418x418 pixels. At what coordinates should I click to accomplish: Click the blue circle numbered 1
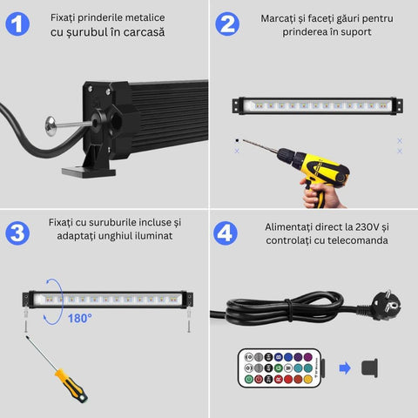(x=17, y=24)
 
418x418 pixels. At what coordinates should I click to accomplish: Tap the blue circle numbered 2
(x=227, y=24)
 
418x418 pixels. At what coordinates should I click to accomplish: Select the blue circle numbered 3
(x=17, y=233)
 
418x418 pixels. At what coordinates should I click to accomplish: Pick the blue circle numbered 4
(x=226, y=233)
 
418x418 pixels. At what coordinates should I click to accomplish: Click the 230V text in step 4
(x=367, y=227)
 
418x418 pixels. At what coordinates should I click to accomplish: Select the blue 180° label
(x=80, y=319)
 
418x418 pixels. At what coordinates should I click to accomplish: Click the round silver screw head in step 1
(x=51, y=126)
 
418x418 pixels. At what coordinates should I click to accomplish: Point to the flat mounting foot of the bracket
(x=89, y=172)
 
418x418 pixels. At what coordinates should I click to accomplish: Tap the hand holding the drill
(x=320, y=193)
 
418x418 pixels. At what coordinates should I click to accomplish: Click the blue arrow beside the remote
(x=345, y=368)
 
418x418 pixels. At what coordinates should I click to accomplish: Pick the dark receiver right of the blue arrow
(x=369, y=368)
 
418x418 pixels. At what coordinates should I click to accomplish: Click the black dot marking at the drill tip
(x=237, y=140)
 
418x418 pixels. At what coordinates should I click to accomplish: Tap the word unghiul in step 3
(x=115, y=236)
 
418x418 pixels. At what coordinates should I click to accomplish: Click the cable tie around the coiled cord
(x=288, y=310)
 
